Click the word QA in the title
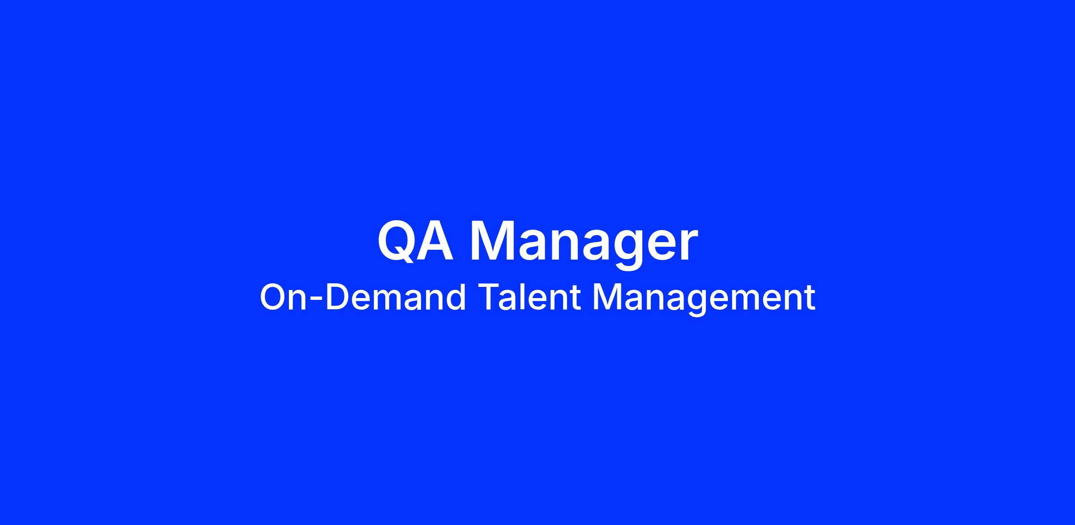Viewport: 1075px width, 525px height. tap(415, 241)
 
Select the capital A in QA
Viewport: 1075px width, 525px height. tap(434, 241)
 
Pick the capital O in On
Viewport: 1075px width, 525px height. tap(273, 297)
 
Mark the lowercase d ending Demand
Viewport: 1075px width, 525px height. tap(456, 297)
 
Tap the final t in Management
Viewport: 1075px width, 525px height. tap(808, 299)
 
